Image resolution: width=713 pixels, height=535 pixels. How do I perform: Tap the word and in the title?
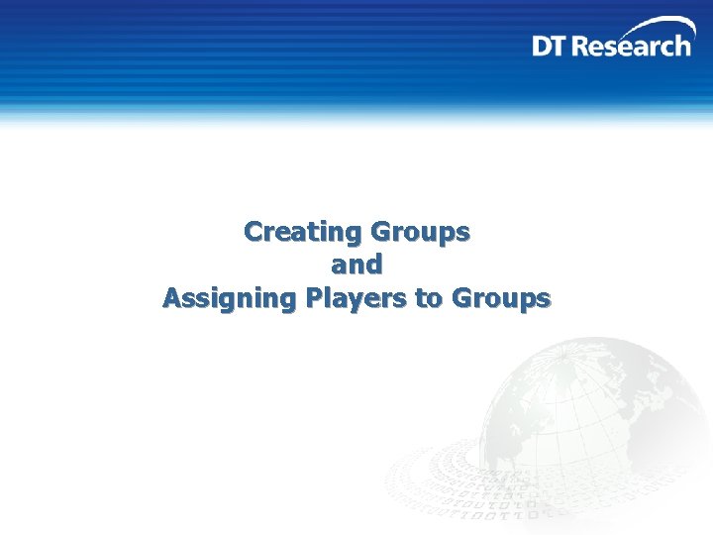[356, 265]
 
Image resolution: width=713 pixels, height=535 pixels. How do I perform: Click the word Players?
[357, 298]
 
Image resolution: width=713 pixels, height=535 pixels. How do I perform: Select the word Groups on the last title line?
[500, 298]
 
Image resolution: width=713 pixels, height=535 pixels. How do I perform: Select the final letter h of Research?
[683, 46]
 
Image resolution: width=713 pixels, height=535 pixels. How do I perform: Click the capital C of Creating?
[255, 232]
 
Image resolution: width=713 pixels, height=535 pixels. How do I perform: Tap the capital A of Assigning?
[172, 298]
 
